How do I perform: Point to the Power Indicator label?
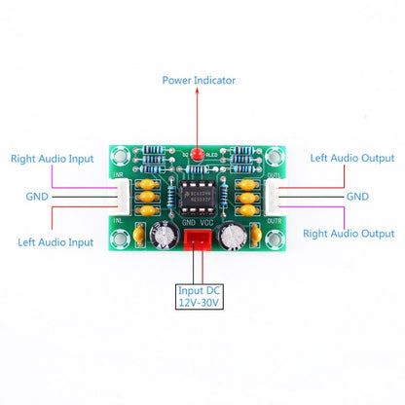199,80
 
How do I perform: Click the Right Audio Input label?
52,158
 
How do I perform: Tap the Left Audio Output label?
352,158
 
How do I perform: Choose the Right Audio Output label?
350,234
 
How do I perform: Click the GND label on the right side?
357,196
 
